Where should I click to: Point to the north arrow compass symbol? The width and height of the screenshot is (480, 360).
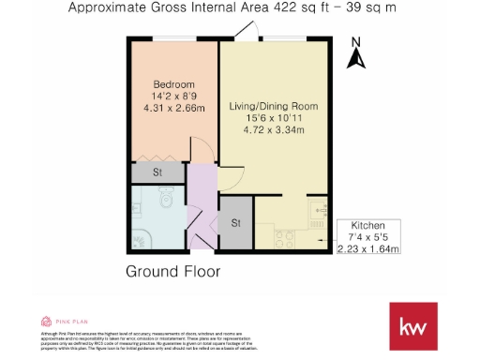click(x=355, y=58)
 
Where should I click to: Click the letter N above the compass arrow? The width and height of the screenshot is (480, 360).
click(x=355, y=42)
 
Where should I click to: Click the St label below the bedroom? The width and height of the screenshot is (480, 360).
click(x=157, y=173)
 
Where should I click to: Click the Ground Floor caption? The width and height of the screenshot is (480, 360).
click(x=172, y=272)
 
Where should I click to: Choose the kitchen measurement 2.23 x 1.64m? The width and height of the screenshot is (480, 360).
click(x=368, y=249)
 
